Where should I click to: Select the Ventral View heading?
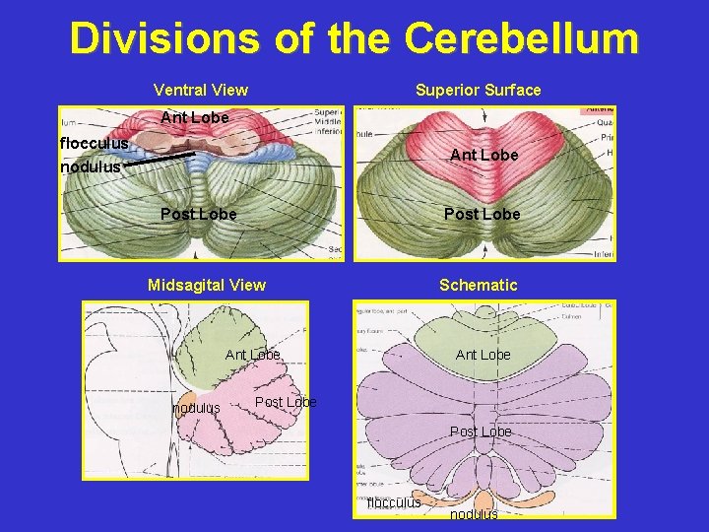point(201,90)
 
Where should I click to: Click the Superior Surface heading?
point(478,90)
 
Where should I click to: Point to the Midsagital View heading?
point(206,285)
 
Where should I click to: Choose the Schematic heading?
point(478,285)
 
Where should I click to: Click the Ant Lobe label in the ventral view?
point(194,118)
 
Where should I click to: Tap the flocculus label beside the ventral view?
point(94,144)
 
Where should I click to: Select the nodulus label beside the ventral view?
point(91,166)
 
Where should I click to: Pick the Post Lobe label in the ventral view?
point(198,214)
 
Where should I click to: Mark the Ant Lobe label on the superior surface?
point(483,155)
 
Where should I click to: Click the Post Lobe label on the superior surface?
point(482,214)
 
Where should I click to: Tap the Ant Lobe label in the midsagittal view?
point(253,355)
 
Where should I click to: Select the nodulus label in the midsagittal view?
point(196,408)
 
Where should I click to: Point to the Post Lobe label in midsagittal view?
point(286,402)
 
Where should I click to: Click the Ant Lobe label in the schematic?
point(483,355)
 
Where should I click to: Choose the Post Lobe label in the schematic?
point(481,432)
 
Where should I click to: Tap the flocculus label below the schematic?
point(394,502)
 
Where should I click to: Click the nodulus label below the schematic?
point(474,514)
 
